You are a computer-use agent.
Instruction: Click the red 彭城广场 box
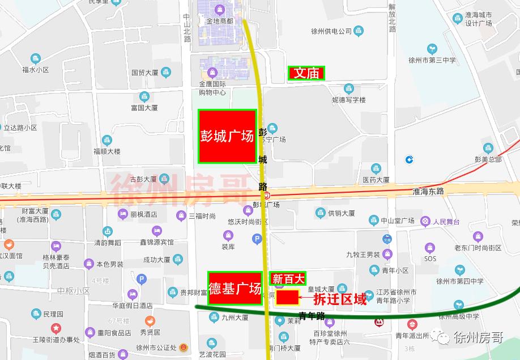(227, 136)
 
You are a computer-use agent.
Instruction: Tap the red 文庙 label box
(306, 73)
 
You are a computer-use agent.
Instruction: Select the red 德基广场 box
(235, 289)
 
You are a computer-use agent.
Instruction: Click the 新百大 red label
(289, 278)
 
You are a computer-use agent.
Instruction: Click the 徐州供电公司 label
(332, 31)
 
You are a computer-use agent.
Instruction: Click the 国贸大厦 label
(144, 73)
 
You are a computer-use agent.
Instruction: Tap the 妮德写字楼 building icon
(349, 88)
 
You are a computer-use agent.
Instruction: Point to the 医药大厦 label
(376, 180)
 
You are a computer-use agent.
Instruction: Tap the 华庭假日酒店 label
(132, 305)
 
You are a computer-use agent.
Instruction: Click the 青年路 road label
(312, 316)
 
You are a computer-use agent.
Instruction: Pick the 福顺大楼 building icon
(107, 140)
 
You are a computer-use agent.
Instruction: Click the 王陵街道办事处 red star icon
(56, 328)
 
